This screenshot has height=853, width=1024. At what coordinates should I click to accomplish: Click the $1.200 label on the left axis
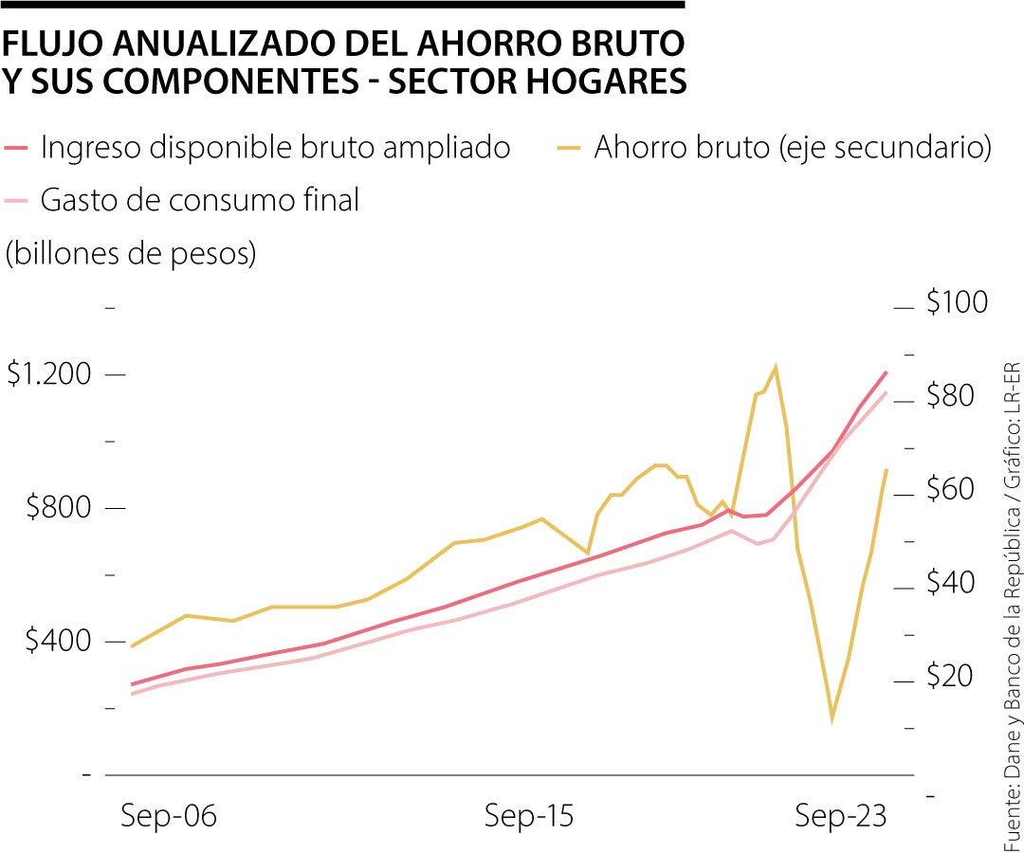50,374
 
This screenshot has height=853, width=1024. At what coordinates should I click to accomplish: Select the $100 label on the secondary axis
958,303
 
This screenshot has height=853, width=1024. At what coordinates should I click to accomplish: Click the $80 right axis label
950,396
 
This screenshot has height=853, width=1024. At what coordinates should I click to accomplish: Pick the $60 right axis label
950,490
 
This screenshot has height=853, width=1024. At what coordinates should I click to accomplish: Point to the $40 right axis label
950,583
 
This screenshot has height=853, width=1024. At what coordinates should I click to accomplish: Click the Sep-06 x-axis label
169,816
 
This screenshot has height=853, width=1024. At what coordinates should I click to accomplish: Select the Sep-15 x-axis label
529,816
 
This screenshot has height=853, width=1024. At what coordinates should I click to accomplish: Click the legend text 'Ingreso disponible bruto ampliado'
276,148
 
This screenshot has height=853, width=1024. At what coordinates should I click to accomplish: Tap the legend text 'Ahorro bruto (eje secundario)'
793,148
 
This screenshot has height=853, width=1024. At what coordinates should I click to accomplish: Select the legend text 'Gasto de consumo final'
200,200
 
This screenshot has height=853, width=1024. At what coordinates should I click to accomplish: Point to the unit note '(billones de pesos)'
131,254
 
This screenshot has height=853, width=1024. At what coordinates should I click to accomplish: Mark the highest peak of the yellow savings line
776,366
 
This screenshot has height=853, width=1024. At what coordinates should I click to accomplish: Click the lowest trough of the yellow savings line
832,719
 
